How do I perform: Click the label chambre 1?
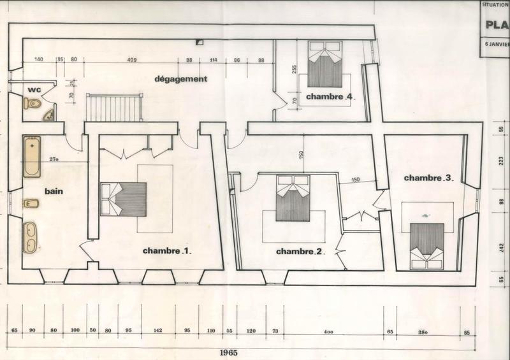168,250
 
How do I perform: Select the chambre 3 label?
428,178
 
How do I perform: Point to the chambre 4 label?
329,97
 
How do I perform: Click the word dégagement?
182,80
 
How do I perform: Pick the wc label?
34,90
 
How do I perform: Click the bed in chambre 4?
324,64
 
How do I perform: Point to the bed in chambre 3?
426,245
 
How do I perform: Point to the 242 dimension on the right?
502,247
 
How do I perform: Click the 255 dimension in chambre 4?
295,70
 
